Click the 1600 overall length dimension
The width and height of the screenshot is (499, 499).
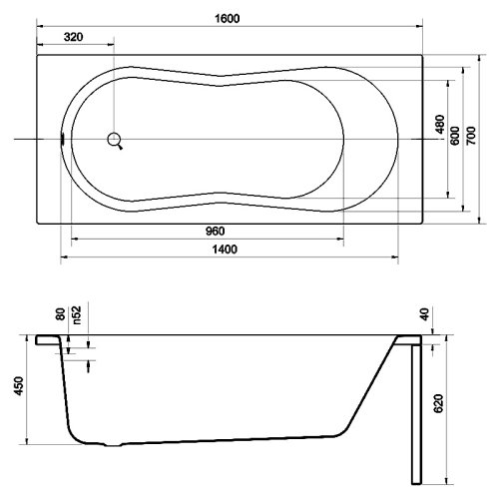coord(228,18)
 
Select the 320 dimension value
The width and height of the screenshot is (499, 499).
coord(73,37)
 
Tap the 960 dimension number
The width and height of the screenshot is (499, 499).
coord(216,231)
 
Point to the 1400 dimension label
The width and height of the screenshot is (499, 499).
coord(225,249)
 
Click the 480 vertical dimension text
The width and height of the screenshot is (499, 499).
coord(440,124)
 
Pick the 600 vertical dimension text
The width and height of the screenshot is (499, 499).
coord(455,136)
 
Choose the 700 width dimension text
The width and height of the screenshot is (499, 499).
coord(471,136)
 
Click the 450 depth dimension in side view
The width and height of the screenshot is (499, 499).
coord(19,386)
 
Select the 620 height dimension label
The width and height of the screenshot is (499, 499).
coord(439,403)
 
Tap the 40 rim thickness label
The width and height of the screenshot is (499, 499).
coord(425,314)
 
